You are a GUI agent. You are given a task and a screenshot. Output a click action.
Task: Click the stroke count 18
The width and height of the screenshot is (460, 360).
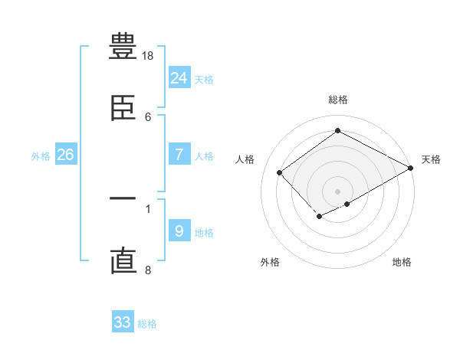click(x=149, y=56)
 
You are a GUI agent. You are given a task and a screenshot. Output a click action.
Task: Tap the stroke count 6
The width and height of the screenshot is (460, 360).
click(x=148, y=117)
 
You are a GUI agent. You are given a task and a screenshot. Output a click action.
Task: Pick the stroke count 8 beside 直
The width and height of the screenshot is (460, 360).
click(x=148, y=270)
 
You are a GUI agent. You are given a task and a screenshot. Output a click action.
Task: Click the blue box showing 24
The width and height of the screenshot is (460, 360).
click(x=179, y=78)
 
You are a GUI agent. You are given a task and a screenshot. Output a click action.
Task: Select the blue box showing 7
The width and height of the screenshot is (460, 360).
click(x=179, y=155)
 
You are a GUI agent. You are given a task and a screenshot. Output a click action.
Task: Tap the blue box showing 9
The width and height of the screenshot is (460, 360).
click(x=179, y=231)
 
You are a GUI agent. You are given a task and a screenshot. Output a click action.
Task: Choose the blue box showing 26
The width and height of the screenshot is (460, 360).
click(x=66, y=155)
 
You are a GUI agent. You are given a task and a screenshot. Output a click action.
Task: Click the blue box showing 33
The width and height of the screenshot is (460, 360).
click(x=123, y=322)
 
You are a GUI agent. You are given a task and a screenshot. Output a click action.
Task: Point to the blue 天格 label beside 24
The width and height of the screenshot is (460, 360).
click(x=204, y=80)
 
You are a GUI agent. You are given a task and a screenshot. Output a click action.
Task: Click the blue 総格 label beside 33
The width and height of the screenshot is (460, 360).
click(x=147, y=324)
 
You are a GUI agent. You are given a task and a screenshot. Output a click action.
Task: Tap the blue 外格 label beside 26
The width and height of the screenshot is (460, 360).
click(x=41, y=156)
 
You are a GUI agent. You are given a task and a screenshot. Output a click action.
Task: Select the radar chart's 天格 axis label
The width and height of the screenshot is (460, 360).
click(x=431, y=159)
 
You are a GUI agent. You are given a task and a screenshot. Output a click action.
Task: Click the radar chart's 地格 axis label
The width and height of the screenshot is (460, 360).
click(x=402, y=262)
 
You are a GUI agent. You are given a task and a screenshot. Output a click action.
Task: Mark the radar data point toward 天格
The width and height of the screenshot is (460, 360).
click(x=412, y=168)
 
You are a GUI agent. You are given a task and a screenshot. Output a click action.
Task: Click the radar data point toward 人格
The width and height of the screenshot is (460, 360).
click(x=280, y=172)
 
